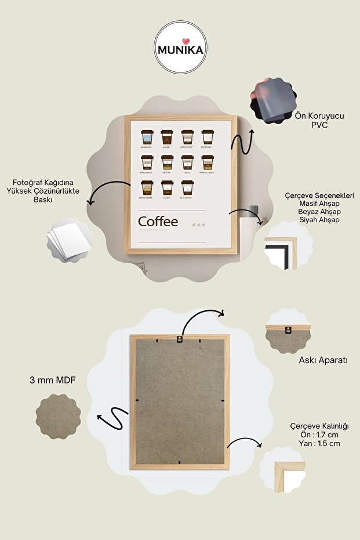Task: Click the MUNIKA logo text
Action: (x=180, y=50)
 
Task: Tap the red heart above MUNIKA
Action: (x=180, y=41)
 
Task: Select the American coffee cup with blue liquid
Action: (x=147, y=137)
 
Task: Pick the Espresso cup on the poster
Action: (x=208, y=137)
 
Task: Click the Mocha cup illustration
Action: (x=167, y=163)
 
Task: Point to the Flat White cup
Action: (x=187, y=189)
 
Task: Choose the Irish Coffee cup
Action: (x=147, y=189)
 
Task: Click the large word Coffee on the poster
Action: (x=158, y=222)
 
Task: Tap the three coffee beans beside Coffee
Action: (x=198, y=224)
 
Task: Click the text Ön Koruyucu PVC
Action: (x=319, y=120)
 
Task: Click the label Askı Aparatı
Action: (x=323, y=360)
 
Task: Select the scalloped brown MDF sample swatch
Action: (x=58, y=416)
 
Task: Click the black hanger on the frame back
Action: (x=180, y=339)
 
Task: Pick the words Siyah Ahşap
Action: (x=319, y=220)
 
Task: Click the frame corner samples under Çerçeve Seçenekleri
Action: (x=281, y=253)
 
